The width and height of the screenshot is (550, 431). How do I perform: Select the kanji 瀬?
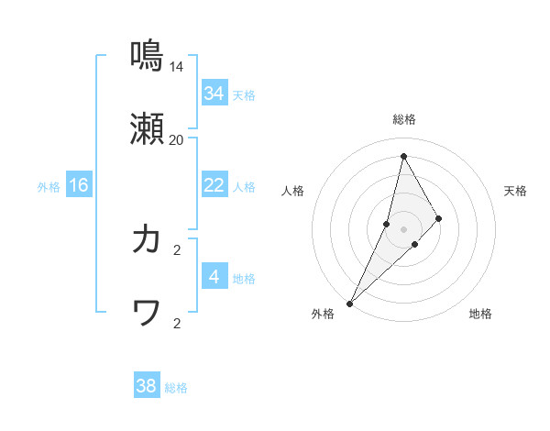click(x=147, y=132)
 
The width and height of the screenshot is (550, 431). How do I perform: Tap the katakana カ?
click(x=147, y=239)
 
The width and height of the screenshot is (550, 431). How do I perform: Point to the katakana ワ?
click(x=147, y=314)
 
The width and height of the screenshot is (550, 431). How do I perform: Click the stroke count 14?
click(x=176, y=67)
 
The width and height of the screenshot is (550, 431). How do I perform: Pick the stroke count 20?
click(x=176, y=140)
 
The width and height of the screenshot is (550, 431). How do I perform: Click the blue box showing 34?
click(x=214, y=94)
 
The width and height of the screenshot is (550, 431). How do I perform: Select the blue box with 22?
click(x=214, y=185)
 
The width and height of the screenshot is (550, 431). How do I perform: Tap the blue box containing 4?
click(x=214, y=277)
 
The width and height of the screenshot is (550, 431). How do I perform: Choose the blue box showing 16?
click(x=79, y=185)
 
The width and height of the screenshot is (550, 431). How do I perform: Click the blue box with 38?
click(x=147, y=387)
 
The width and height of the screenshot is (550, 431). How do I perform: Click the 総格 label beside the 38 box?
click(x=176, y=388)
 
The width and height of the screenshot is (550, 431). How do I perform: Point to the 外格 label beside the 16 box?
click(x=49, y=186)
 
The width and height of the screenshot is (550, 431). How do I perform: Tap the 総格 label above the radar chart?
click(x=403, y=119)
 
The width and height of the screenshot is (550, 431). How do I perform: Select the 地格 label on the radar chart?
click(x=480, y=314)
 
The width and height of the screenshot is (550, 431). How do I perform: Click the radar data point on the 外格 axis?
click(x=349, y=303)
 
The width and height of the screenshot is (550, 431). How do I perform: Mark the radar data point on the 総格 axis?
click(x=403, y=156)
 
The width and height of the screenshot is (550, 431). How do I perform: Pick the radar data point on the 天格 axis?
click(x=439, y=218)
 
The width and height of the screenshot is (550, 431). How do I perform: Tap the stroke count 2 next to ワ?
click(x=176, y=323)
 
